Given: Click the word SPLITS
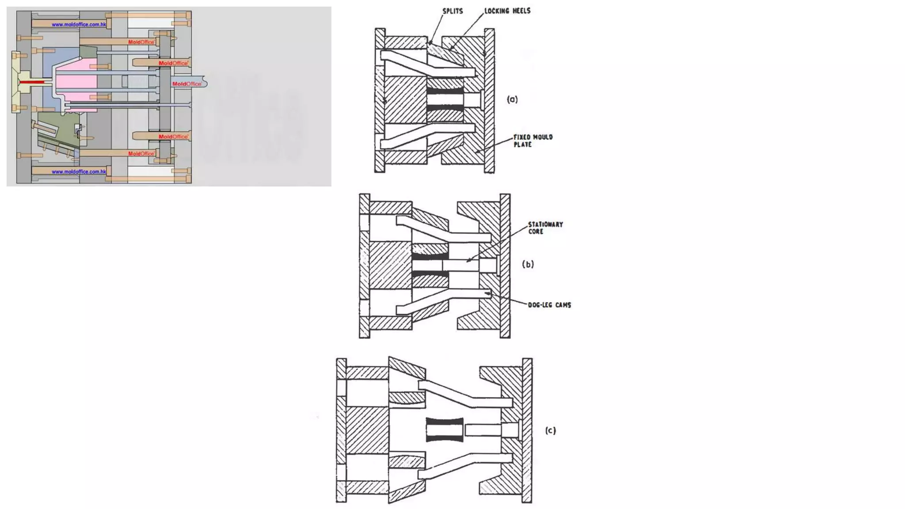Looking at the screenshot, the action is [452, 11].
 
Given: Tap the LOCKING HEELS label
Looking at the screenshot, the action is [507, 11].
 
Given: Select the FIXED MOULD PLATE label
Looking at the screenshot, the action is [532, 141].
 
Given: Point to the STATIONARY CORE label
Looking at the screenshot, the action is [545, 228].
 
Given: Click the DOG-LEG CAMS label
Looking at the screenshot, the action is [549, 305].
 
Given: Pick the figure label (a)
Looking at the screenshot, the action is [512, 99].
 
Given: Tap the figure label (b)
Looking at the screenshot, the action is [528, 264].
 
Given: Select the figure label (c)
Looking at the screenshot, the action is [550, 430].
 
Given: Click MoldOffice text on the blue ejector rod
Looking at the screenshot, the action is [186, 84].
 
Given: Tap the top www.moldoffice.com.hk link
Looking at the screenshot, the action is [79, 24].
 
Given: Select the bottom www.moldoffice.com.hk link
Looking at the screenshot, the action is [79, 171].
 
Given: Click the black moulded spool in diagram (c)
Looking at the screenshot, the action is [445, 429].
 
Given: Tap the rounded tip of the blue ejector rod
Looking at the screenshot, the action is [204, 83].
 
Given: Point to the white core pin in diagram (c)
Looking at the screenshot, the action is [484, 429].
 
